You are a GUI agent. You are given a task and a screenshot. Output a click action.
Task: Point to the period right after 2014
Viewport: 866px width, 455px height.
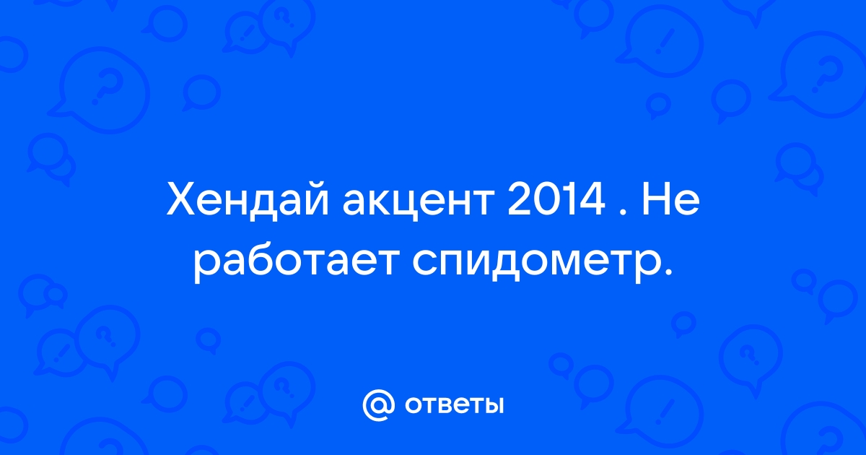(626, 211)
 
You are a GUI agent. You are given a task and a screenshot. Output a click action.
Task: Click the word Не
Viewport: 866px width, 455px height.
(670, 199)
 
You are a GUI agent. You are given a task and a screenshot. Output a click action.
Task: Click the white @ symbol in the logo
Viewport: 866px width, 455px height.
(379, 405)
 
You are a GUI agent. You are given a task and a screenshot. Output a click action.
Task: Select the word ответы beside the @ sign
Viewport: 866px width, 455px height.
(454, 406)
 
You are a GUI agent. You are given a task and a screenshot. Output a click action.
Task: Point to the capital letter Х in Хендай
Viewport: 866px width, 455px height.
(183, 199)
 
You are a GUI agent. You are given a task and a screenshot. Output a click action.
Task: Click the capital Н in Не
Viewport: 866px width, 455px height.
(655, 199)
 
